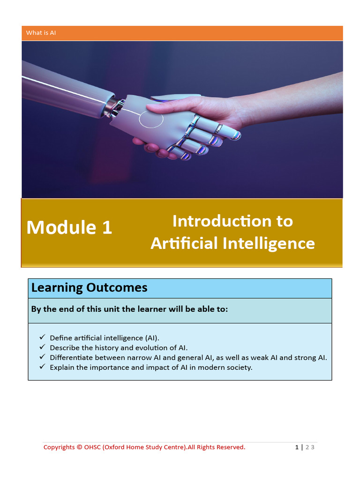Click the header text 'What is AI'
[x=41, y=33]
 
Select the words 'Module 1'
[x=69, y=227]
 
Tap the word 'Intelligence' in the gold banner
[x=269, y=244]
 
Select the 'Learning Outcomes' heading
[x=90, y=287]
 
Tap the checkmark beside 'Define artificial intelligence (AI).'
[x=42, y=337]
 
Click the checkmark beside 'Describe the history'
[x=42, y=347]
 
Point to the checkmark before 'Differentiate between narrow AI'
[x=42, y=357]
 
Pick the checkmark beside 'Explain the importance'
[x=42, y=367]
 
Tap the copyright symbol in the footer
[x=79, y=447]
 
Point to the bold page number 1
[x=297, y=447]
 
